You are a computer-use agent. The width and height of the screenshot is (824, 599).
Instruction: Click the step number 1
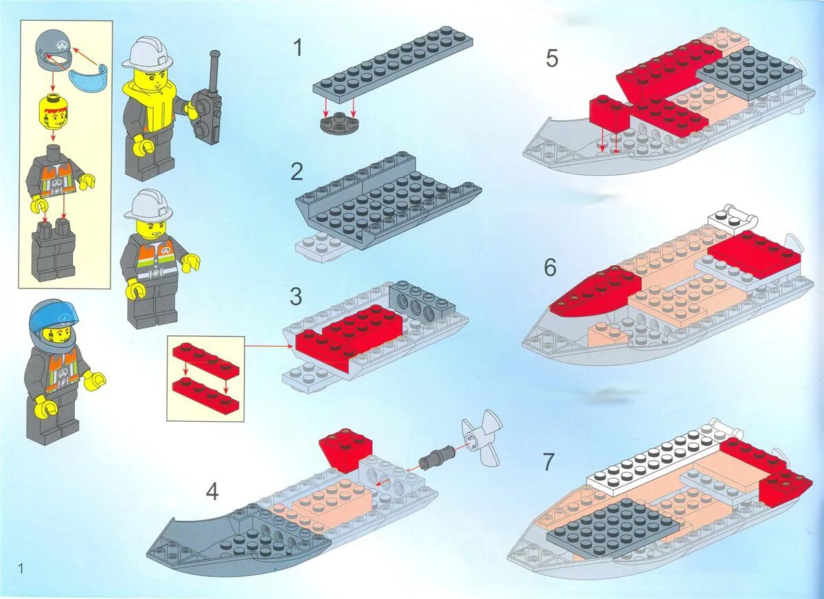pos(297,48)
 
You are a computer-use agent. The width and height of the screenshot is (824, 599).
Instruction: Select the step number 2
pos(297,172)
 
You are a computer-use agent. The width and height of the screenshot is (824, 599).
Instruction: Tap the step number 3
pos(296,297)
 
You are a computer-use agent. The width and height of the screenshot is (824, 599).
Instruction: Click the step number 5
pos(552,58)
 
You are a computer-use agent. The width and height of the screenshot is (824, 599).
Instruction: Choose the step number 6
pos(550,267)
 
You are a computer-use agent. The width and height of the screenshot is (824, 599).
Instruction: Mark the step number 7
pos(548,462)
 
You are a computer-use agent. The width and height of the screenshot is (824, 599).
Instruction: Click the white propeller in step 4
pos(483,438)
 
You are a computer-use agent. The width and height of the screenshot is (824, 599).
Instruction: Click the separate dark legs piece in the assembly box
pos(54,251)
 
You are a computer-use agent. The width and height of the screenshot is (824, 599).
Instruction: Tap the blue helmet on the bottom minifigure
pos(53,315)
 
